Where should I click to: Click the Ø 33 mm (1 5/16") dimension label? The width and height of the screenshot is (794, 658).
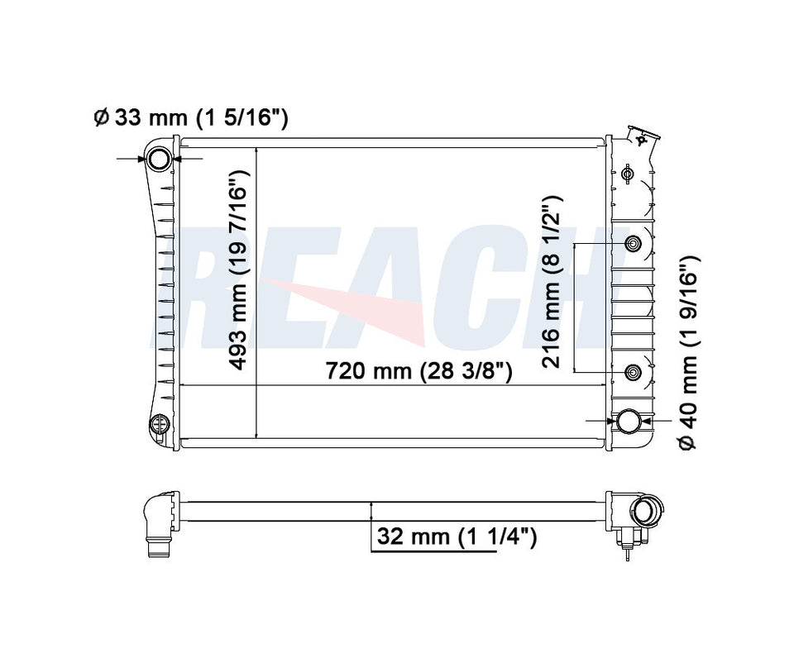[x=190, y=118]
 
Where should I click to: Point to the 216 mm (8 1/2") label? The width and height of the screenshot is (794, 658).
[x=552, y=283]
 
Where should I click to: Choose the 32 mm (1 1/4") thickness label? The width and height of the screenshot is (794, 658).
[x=457, y=537]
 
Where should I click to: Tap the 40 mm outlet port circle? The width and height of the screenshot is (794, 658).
[x=629, y=421]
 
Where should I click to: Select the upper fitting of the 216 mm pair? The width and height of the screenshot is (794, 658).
[x=633, y=244]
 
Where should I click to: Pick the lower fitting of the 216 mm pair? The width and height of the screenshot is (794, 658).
[x=633, y=373]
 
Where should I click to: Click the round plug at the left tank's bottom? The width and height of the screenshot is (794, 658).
[x=158, y=425]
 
